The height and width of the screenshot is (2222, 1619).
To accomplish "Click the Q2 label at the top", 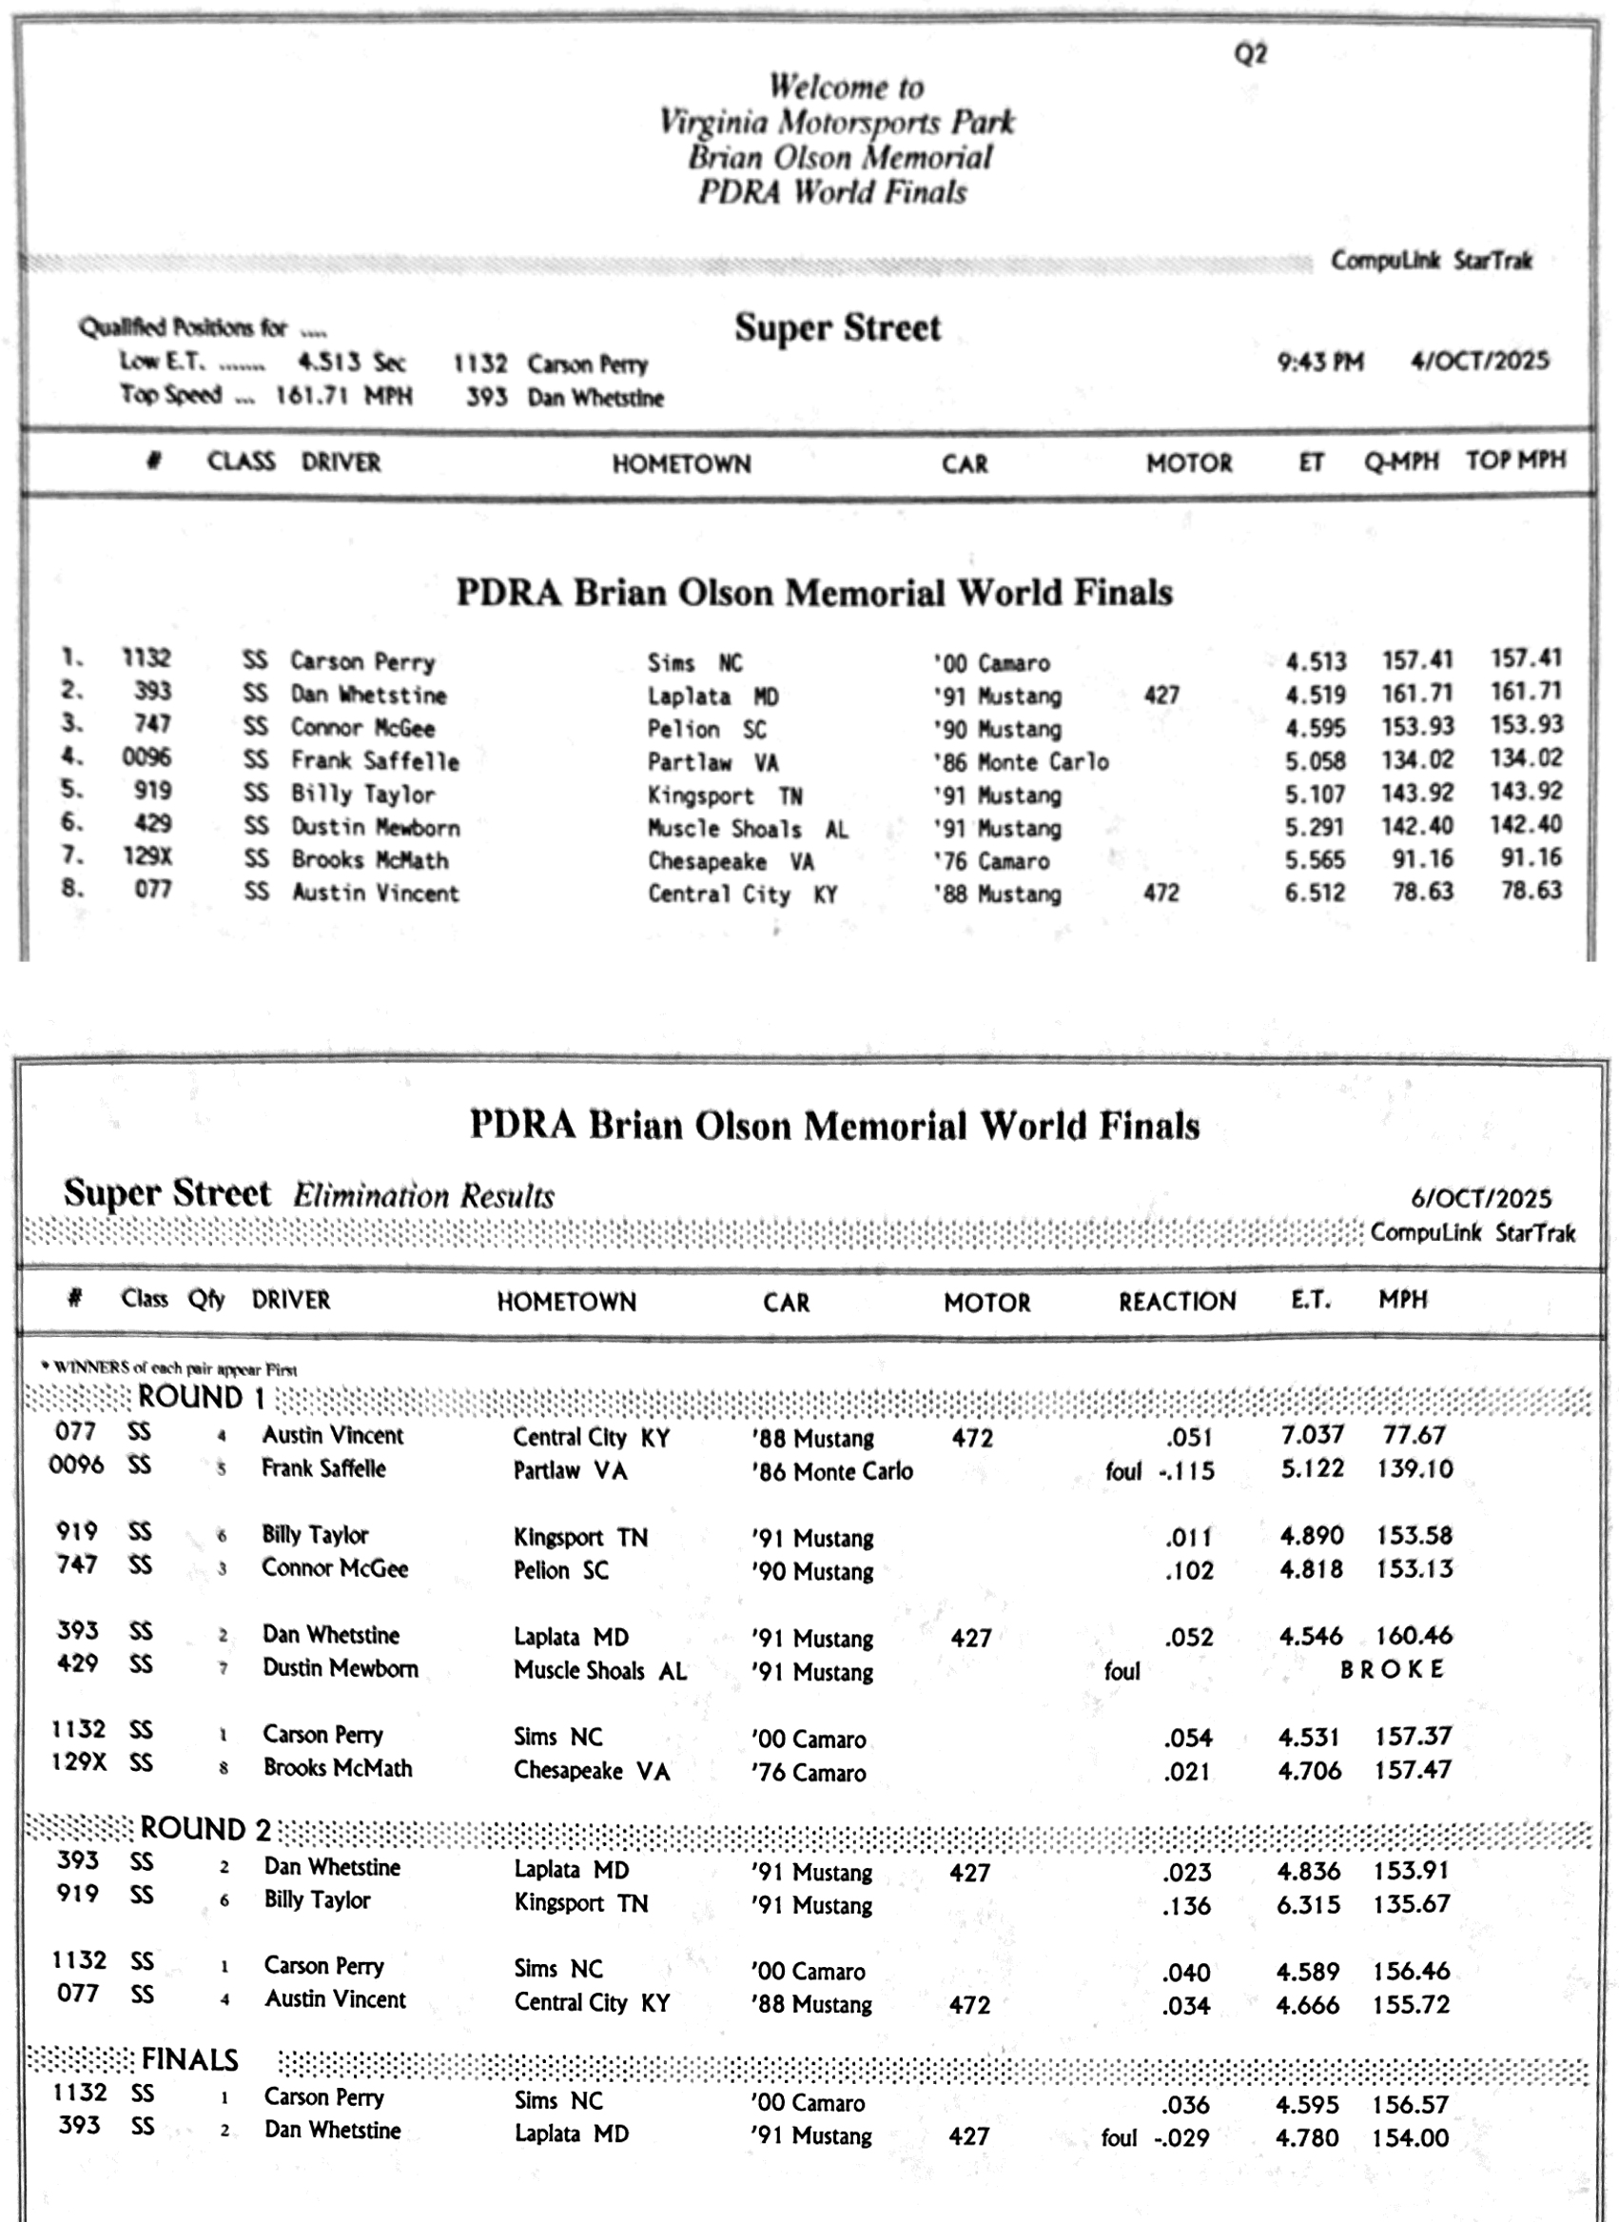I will (x=1251, y=54).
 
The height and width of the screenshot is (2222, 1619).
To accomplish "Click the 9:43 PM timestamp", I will (x=1320, y=363).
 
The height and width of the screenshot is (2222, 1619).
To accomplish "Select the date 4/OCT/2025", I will (x=1480, y=361).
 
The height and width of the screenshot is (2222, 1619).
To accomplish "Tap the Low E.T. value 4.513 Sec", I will (x=351, y=363).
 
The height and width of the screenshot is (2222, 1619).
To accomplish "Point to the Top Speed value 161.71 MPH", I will (x=343, y=396).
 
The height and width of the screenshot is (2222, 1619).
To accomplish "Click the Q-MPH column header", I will (x=1401, y=462).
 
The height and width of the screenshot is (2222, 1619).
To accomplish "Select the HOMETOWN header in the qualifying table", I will (x=681, y=463).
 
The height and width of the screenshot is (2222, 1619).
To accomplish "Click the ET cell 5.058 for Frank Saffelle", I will (x=1316, y=761).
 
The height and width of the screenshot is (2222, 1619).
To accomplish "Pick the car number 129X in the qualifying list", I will (x=147, y=856).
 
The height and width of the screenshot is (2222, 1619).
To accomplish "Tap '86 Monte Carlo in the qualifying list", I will (x=1021, y=762).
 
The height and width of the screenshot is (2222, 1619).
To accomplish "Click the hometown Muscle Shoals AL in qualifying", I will (x=747, y=829).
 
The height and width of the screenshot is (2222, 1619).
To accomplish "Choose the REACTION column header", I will (x=1177, y=1302).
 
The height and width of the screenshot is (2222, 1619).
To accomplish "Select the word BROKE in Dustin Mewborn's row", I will (x=1392, y=1669).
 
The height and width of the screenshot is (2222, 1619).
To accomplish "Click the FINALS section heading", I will (x=189, y=2060).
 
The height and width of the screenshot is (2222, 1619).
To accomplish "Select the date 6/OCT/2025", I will (x=1481, y=1199).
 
